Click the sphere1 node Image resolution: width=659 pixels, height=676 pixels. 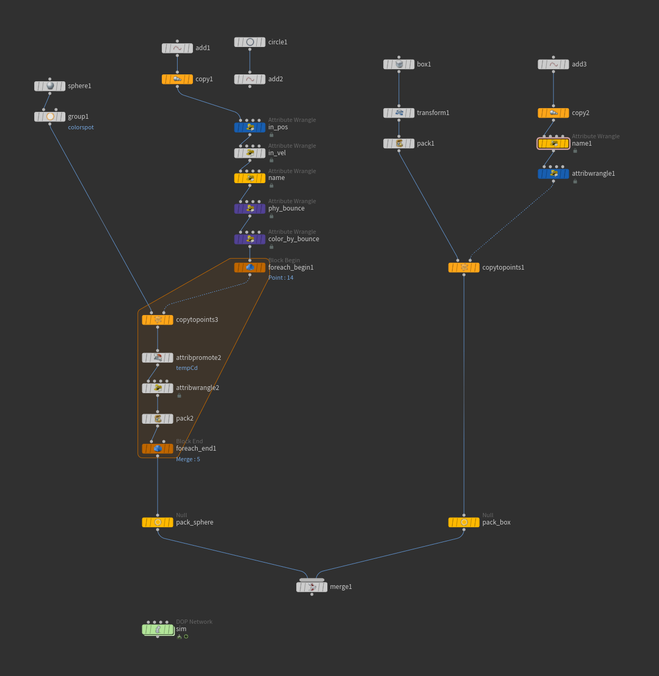point(50,86)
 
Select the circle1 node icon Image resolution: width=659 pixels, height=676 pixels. point(250,42)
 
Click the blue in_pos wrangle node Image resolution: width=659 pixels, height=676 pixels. point(250,127)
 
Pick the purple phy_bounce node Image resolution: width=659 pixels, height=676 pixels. point(250,208)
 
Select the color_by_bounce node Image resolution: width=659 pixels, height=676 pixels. point(250,239)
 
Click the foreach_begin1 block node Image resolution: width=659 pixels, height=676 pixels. point(250,268)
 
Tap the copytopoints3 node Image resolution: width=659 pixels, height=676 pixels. point(158,320)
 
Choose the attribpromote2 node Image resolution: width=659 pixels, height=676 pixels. point(158,358)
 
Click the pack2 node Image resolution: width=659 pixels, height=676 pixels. point(158,418)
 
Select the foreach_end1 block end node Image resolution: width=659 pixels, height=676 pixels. point(158,449)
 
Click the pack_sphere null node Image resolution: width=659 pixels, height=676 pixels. point(158,522)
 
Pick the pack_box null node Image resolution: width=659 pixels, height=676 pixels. point(464,522)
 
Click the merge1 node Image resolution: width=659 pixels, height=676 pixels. point(312,587)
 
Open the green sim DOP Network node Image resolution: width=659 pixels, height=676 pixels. point(158,629)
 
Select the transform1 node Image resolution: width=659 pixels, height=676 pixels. point(399,113)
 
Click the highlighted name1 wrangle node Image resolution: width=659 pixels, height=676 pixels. point(554,144)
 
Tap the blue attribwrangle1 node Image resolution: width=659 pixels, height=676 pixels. point(554,174)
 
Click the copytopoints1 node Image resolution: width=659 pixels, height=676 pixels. point(464,268)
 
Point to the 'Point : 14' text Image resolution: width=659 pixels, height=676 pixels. point(281,278)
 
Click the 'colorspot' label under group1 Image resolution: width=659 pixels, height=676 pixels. point(81,127)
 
